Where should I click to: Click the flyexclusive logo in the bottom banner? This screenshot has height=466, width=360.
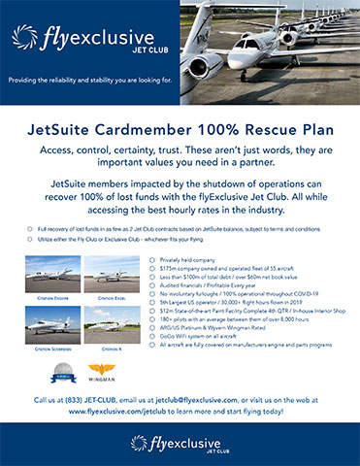180,445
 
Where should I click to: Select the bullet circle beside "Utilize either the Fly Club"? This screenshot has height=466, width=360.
30,238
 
